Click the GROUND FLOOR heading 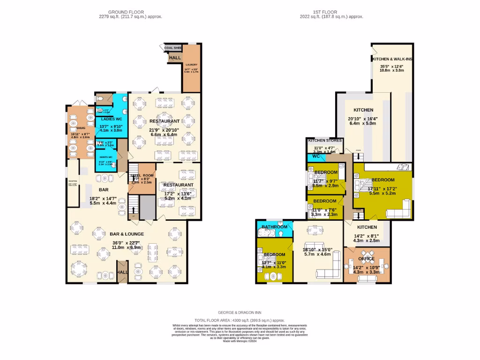click(126, 12)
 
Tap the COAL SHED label click(173, 48)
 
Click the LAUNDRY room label click(191, 65)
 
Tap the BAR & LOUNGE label click(127, 233)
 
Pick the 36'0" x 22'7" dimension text click(127, 243)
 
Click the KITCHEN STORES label click(325, 140)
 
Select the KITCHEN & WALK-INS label click(391, 60)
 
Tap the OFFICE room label click(366, 258)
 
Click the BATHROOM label click(275, 227)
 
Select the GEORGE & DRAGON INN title click(240, 312)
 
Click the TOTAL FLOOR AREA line click(240, 319)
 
